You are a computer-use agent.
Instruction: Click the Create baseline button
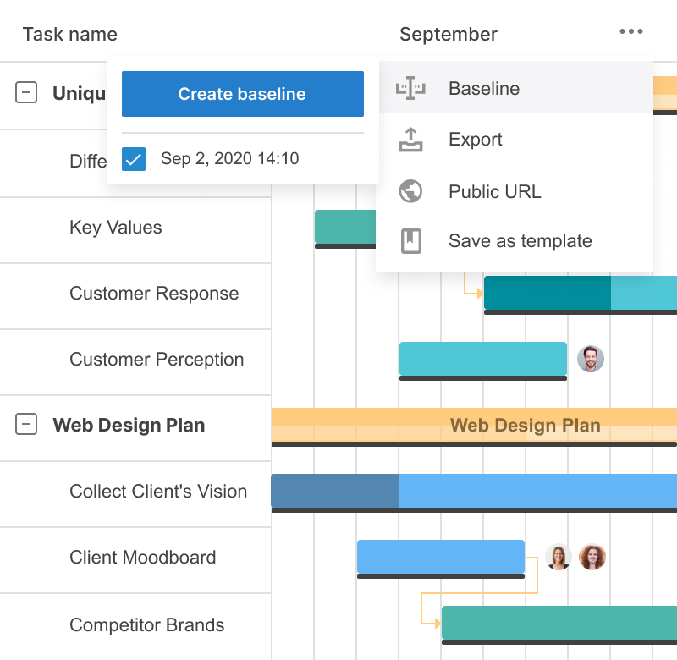pyautogui.click(x=242, y=94)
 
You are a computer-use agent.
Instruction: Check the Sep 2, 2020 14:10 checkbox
pyautogui.click(x=134, y=159)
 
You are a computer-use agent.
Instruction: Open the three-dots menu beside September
pyautogui.click(x=630, y=32)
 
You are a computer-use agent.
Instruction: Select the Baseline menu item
pyautogui.click(x=484, y=89)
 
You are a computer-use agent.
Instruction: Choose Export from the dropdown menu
pyautogui.click(x=475, y=140)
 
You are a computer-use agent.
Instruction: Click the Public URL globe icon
pyautogui.click(x=410, y=191)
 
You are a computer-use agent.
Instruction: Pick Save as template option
pyautogui.click(x=520, y=241)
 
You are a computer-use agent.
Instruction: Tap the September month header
pyautogui.click(x=448, y=35)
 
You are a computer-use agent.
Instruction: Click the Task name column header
pyautogui.click(x=69, y=35)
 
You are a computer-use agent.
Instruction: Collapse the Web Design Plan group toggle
pyautogui.click(x=27, y=425)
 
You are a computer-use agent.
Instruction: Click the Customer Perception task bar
pyautogui.click(x=482, y=359)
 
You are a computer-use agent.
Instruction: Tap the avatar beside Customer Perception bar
pyautogui.click(x=591, y=359)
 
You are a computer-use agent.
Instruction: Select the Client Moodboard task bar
pyautogui.click(x=440, y=556)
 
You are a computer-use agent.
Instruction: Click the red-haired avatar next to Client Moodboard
pyautogui.click(x=592, y=557)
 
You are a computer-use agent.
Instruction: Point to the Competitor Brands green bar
pyautogui.click(x=559, y=623)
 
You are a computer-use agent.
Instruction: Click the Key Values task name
pyautogui.click(x=115, y=228)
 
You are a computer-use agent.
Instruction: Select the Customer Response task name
pyautogui.click(x=154, y=294)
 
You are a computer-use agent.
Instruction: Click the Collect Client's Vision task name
pyautogui.click(x=158, y=492)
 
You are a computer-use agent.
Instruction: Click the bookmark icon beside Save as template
pyautogui.click(x=410, y=241)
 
